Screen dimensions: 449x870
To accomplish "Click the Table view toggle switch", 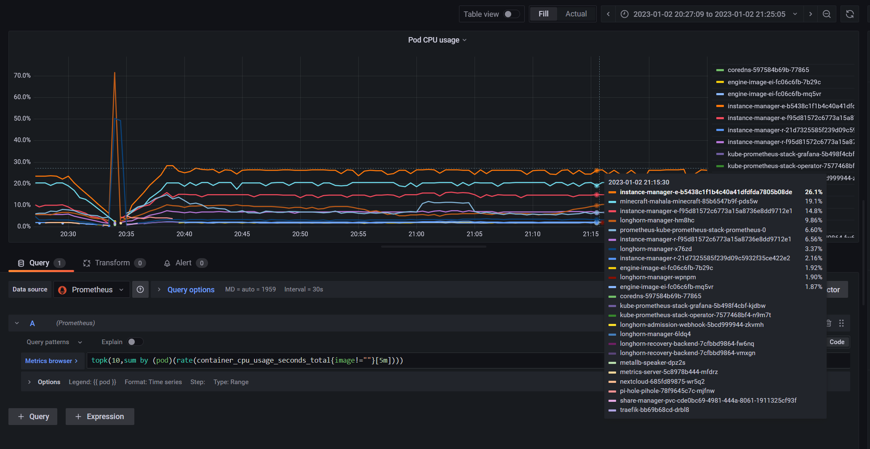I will tap(511, 14).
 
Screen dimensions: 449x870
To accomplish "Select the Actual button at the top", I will tap(576, 14).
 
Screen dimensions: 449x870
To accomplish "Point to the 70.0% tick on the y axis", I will tap(22, 76).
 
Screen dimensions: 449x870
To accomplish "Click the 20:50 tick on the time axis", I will tap(300, 234).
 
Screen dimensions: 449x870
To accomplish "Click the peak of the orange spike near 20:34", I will tap(115, 73).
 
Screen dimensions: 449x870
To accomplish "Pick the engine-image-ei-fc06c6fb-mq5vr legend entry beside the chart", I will tap(774, 94).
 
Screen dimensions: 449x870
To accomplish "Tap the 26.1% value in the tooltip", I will tap(813, 192).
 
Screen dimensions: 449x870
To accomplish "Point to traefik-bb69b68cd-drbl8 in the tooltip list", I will tap(654, 410).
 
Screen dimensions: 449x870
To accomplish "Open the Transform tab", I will tap(112, 263).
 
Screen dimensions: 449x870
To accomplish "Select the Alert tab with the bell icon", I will tap(183, 263).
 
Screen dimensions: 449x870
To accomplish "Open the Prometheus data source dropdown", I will tap(92, 290).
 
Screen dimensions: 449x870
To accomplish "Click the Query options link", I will tap(191, 290).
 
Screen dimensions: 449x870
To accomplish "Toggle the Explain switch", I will tap(135, 342).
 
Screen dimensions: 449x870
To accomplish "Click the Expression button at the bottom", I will tap(100, 417).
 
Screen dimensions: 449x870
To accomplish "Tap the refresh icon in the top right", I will tap(849, 14).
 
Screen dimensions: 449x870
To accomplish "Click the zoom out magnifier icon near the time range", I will tap(826, 14).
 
